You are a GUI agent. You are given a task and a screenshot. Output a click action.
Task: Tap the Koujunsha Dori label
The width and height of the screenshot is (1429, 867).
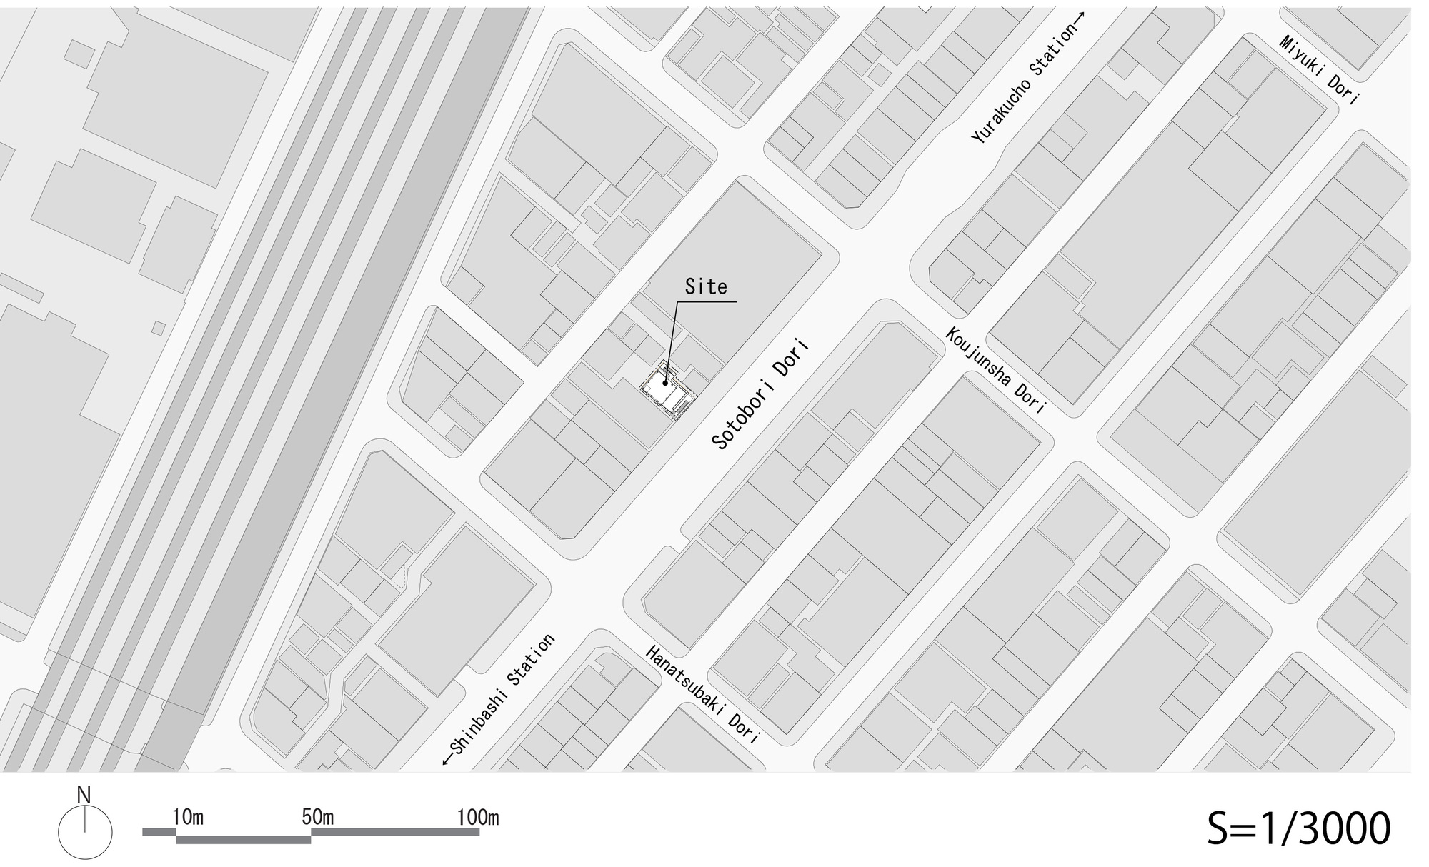point(996,371)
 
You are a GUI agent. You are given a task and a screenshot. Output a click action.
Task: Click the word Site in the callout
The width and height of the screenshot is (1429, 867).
point(706,287)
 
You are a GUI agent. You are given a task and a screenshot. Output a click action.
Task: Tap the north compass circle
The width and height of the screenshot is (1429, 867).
point(85,833)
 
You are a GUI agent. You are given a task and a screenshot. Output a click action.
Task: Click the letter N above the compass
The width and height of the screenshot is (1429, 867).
point(84,795)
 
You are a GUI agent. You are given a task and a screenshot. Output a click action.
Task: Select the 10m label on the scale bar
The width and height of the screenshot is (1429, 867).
point(188,817)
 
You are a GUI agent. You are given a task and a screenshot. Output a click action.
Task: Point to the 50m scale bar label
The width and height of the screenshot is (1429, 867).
point(318,817)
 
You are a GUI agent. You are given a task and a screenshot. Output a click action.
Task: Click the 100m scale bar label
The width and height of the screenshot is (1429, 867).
point(478,817)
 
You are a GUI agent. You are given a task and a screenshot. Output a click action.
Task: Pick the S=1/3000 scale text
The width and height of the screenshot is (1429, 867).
point(1298,828)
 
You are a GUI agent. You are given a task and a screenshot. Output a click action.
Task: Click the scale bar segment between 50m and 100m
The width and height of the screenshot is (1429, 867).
point(395,831)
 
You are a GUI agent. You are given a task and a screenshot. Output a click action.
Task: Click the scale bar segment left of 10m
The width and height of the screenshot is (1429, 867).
point(159,831)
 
